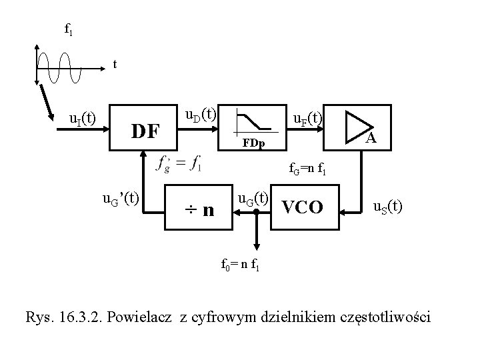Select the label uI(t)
[83, 119]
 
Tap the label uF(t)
[308, 119]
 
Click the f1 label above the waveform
[68, 29]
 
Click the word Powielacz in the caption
[143, 316]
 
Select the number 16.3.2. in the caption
[77, 316]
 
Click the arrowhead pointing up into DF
[143, 153]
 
